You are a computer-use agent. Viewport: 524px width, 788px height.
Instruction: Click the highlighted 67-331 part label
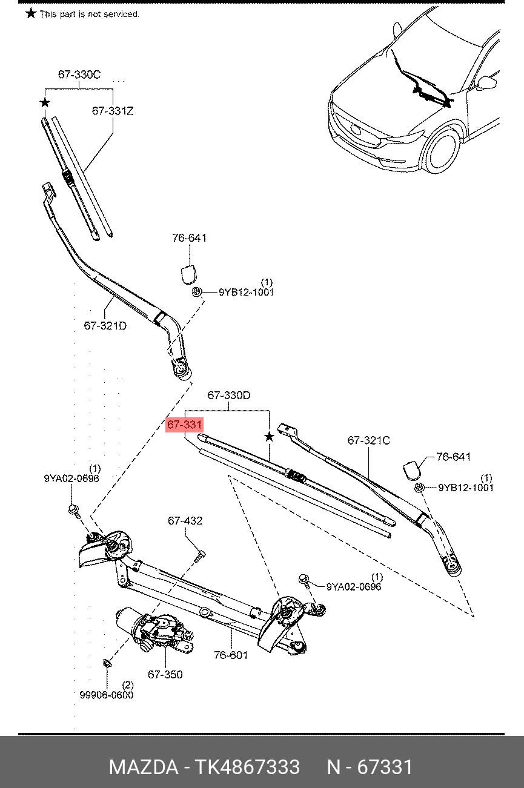pos(184,425)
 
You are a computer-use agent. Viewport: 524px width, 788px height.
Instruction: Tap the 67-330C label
pos(79,74)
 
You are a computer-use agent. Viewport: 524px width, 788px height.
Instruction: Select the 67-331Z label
pos(113,111)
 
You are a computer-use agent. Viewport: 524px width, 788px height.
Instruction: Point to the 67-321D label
pos(105,326)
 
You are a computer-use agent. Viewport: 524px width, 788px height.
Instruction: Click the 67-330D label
pos(229,396)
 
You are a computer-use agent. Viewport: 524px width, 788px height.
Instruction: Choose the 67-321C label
pos(369,440)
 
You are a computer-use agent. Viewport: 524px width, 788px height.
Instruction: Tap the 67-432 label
pos(185,521)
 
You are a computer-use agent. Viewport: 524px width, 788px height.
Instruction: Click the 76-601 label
pos(231,655)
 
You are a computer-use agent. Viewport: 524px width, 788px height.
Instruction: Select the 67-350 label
pos(165,674)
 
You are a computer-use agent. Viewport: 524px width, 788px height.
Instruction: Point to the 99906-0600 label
pos(107,695)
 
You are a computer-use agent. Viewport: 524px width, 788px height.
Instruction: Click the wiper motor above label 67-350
pos(155,629)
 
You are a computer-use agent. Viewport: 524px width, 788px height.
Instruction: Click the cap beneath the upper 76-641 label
pos(189,274)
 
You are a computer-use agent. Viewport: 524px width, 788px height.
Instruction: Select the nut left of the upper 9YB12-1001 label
pos(196,291)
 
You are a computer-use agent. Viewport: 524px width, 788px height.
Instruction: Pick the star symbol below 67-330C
pos(45,103)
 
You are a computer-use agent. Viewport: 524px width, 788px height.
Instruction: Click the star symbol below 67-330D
pos(269,437)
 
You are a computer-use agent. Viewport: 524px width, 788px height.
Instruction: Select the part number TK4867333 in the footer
pos(247,767)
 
